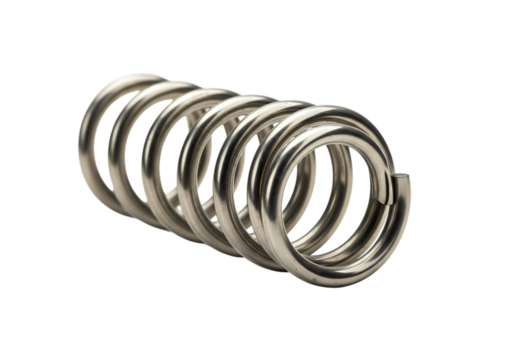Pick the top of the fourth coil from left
pos(248,98)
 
